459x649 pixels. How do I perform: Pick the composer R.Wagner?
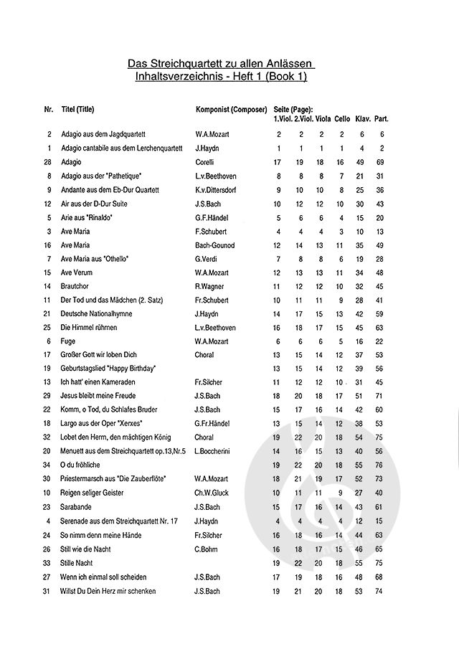click(x=210, y=286)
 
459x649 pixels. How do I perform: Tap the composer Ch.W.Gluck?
click(x=212, y=492)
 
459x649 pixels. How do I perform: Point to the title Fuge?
click(x=68, y=341)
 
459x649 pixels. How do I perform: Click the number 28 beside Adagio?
click(x=47, y=163)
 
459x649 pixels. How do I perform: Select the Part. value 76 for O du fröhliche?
click(x=380, y=465)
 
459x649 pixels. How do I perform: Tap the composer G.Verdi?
click(x=207, y=259)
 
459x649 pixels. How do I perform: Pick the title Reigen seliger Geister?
click(x=93, y=492)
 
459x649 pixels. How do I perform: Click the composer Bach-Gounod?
click(x=214, y=245)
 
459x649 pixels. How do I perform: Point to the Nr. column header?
click(x=48, y=109)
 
